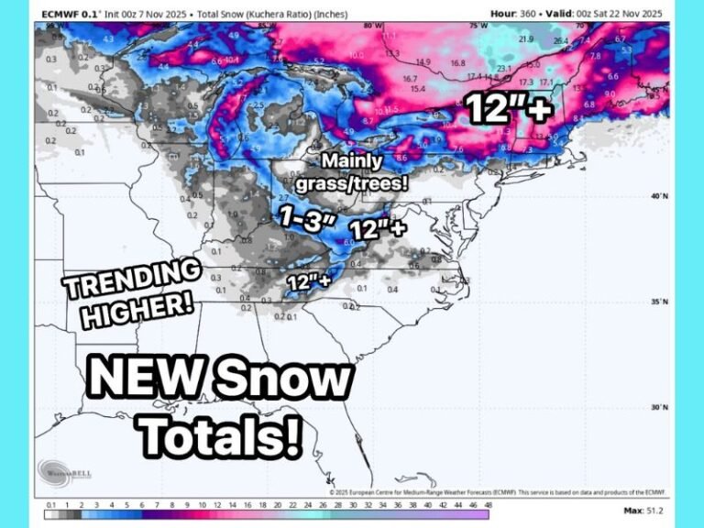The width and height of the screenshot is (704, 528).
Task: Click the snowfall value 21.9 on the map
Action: pos(525,39)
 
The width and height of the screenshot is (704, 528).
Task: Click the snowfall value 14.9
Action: pos(423,62)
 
